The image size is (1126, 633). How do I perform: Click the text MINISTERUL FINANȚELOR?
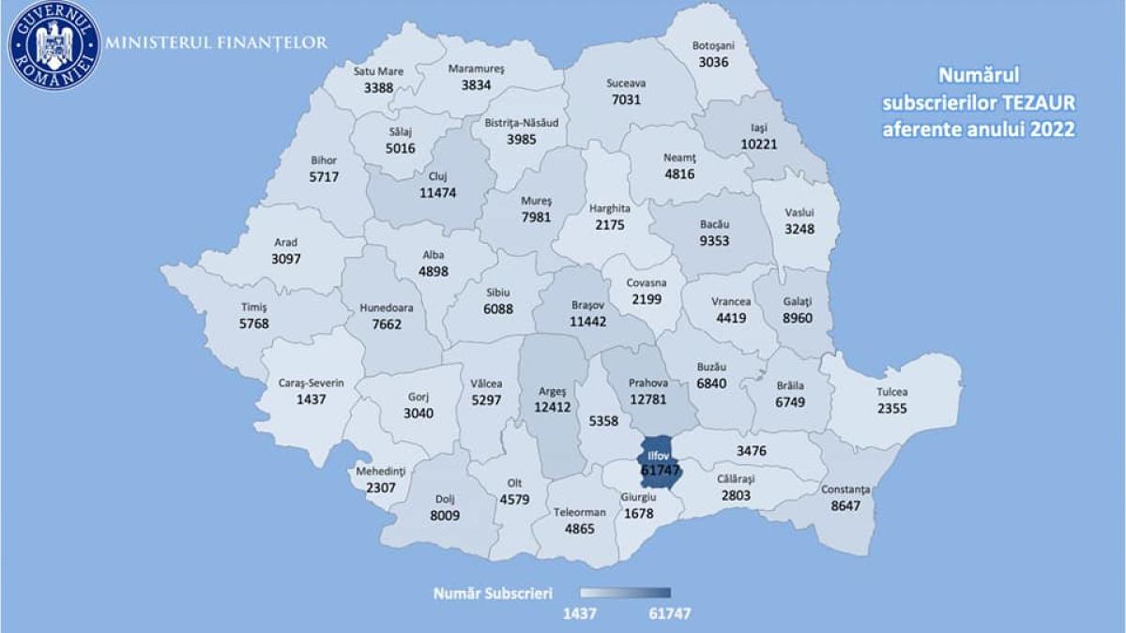(217, 43)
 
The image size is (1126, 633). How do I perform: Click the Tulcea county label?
(892, 392)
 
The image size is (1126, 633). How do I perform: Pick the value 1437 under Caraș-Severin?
(312, 399)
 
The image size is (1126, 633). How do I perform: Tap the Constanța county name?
(845, 490)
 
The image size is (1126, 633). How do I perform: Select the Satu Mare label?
(378, 70)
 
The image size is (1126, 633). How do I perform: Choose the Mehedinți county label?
(380, 471)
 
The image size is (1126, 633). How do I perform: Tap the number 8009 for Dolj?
(431, 515)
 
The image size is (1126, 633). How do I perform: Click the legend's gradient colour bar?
(625, 593)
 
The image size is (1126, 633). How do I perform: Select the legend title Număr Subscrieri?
(493, 593)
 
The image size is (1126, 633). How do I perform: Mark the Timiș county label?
(254, 308)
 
